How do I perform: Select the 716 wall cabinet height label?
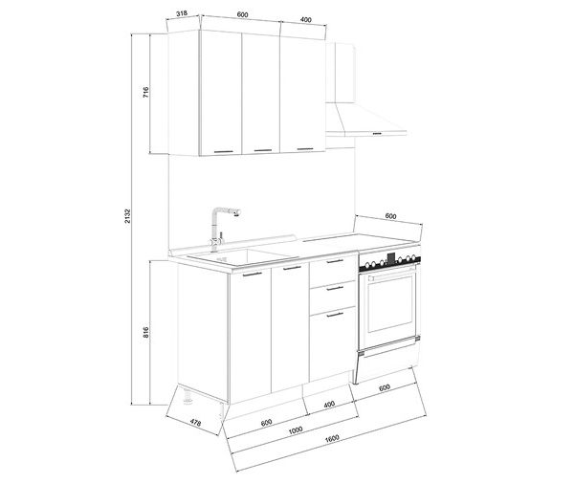coord(145,92)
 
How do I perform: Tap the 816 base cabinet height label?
coord(145,332)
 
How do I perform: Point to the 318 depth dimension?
coord(182,13)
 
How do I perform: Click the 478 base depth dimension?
coord(195,423)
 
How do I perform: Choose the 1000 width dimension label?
coord(296,429)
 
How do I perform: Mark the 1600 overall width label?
coord(332,438)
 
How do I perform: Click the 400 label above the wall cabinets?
coord(306,20)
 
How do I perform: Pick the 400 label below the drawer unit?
coord(329,405)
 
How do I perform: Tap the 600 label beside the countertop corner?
coord(390,216)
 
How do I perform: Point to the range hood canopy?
coord(365,120)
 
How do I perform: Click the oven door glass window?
coord(390,304)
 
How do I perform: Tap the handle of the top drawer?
coord(335,261)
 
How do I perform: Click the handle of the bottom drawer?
coord(335,315)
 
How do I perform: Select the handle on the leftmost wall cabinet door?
coord(224,151)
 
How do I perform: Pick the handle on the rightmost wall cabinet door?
coord(305,148)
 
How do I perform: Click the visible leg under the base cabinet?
coord(188,397)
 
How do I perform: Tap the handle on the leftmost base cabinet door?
coord(253,275)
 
